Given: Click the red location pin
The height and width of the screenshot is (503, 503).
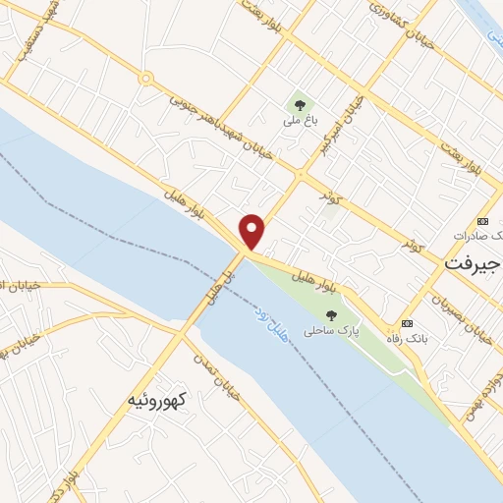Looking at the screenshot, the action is pos(252,229).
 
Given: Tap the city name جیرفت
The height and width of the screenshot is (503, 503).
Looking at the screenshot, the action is pos(472,264).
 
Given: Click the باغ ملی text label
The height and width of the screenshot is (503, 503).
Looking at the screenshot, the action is pos(298,121).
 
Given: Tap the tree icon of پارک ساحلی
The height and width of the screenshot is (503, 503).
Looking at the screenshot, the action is pos(330,315).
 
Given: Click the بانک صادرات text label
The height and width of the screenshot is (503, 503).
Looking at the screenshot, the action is pos(475,237).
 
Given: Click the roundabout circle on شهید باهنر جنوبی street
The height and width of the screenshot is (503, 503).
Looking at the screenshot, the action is pos(145,78).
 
